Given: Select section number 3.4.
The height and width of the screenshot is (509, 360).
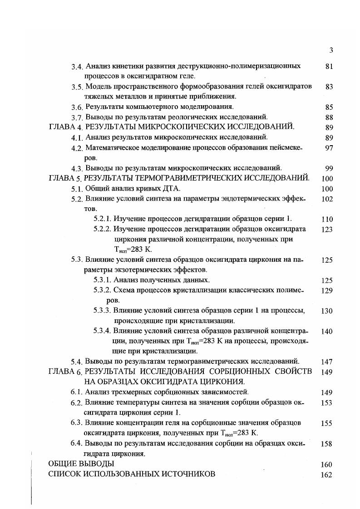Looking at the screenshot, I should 77,67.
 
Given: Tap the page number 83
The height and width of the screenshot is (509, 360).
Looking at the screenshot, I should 330,87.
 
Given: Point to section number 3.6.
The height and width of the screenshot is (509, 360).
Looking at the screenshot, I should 77,108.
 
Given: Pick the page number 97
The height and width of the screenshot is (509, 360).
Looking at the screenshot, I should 330,148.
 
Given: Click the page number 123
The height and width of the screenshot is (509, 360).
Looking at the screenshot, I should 327,230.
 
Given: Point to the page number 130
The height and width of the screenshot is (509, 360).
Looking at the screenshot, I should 327,311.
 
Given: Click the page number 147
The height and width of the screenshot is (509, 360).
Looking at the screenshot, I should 327,362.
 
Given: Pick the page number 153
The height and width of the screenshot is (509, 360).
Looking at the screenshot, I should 327,403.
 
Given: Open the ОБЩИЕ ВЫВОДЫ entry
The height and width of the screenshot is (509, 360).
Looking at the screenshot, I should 81,464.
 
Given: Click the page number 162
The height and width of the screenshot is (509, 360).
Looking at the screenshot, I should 327,475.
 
